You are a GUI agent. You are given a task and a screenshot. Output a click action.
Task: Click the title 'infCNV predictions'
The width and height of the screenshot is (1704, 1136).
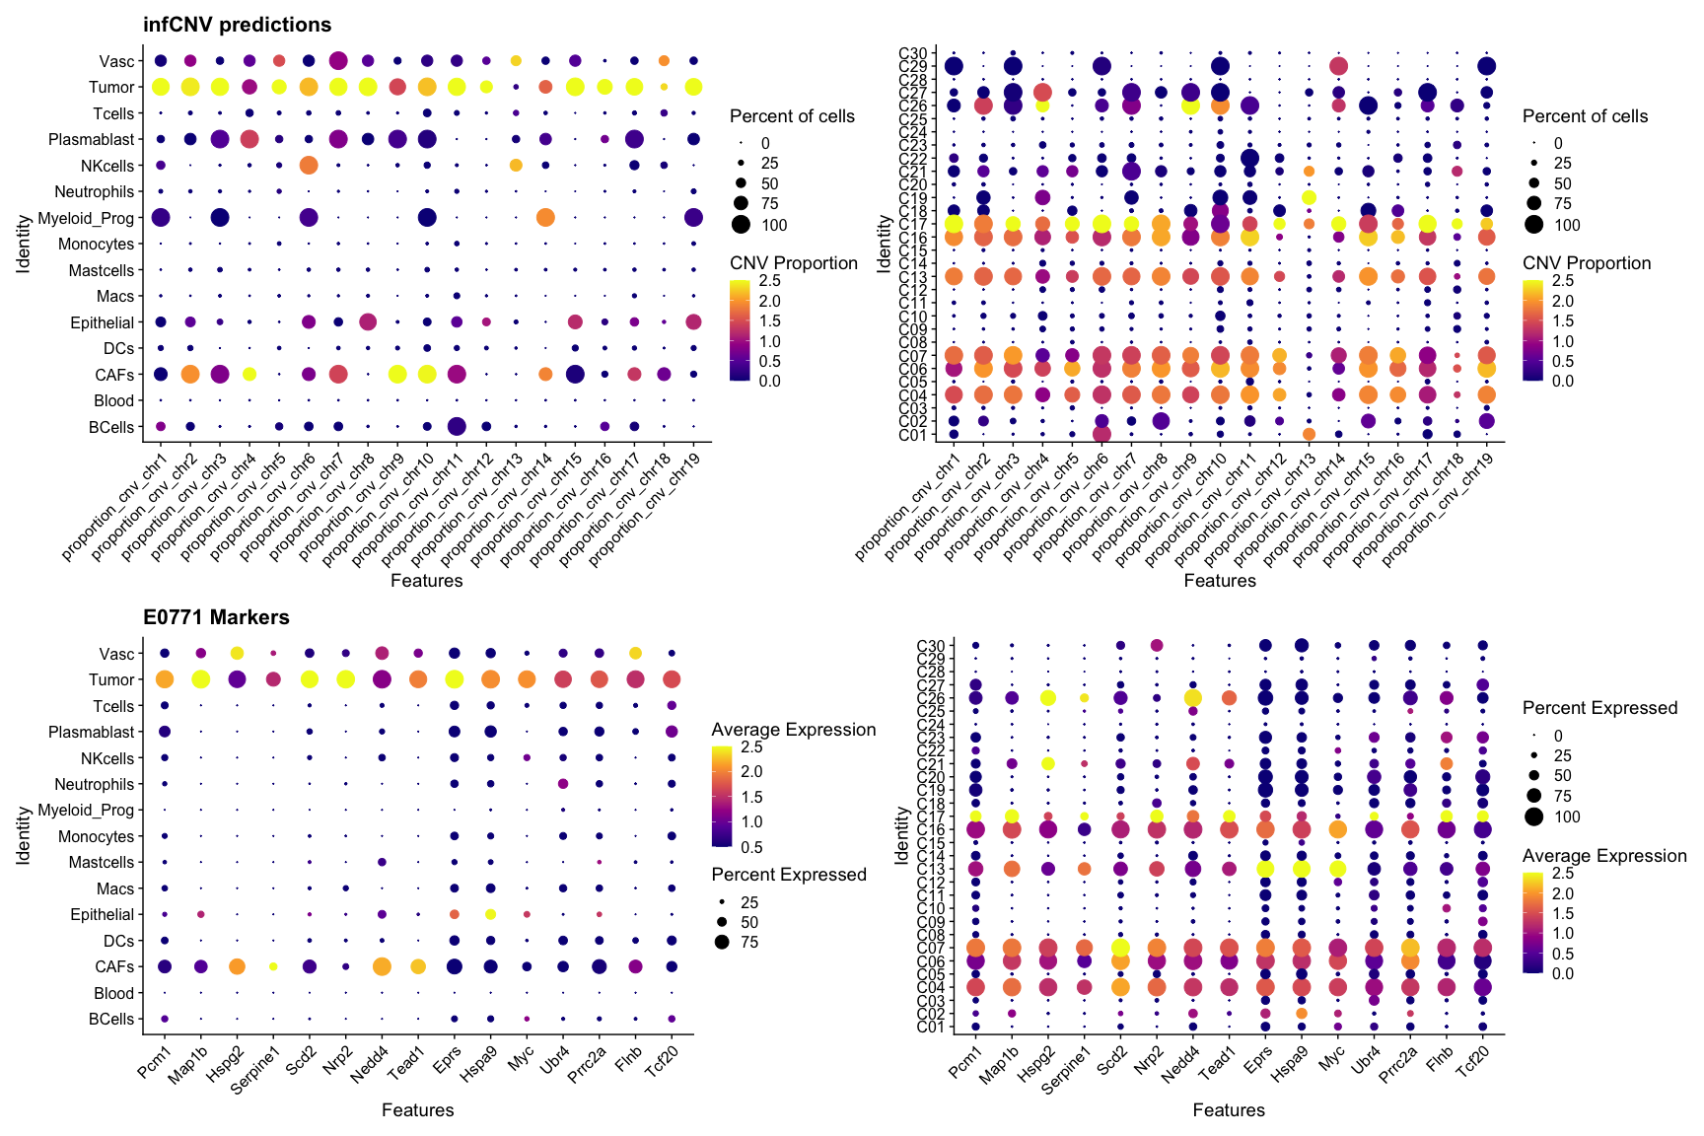237,25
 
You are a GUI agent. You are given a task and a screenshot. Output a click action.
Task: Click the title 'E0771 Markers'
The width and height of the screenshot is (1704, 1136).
216,617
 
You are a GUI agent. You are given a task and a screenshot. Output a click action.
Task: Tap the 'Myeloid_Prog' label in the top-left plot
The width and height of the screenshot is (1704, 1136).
86,218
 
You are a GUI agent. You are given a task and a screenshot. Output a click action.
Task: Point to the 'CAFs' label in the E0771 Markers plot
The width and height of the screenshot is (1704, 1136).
114,967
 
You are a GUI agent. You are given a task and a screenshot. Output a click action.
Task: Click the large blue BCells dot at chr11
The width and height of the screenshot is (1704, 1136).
456,426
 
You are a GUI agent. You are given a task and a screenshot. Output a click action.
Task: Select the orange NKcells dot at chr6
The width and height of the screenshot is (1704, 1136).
308,165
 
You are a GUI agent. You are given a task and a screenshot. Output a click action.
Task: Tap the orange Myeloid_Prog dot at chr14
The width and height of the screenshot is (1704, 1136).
544,217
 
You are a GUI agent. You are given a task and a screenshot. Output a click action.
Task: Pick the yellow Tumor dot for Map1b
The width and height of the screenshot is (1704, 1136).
200,679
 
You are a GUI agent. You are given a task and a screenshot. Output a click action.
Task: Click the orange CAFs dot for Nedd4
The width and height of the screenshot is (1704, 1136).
382,966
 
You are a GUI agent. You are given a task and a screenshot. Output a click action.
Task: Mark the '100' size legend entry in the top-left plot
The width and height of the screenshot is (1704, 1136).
774,225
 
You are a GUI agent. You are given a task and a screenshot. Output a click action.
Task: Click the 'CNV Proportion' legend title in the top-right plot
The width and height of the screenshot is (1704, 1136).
1587,263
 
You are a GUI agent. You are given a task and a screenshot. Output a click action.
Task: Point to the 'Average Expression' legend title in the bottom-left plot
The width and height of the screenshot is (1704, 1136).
794,730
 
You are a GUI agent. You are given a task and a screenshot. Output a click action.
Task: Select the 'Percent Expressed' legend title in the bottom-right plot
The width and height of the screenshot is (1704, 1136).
1599,708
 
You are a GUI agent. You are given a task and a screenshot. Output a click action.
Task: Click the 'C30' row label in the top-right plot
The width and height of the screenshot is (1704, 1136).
913,53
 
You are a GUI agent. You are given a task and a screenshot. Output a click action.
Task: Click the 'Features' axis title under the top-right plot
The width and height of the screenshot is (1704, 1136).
1220,581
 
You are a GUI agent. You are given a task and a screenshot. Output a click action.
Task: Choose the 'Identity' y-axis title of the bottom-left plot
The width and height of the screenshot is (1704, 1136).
24,836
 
